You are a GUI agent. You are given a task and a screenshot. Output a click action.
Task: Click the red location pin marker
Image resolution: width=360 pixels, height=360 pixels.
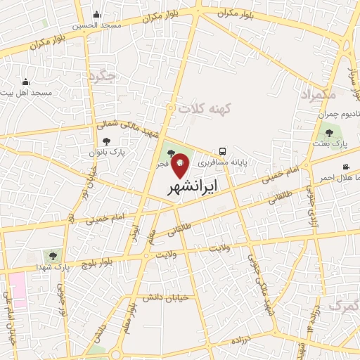point(180,165)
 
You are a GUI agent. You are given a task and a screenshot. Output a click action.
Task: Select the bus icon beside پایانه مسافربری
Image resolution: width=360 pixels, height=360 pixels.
point(222,151)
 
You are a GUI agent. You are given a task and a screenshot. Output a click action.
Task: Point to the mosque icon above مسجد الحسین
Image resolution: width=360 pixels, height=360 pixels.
point(96,15)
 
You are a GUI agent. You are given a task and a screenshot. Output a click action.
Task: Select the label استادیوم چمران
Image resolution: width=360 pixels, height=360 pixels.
point(337,114)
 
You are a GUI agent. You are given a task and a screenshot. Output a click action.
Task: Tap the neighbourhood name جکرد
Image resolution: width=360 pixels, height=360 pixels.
point(103,75)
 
